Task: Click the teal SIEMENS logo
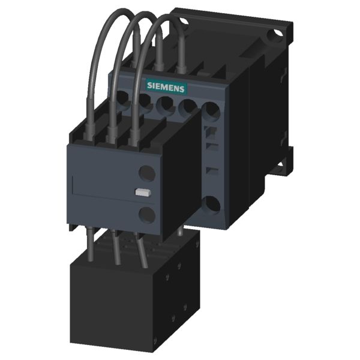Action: pyautogui.click(x=166, y=87)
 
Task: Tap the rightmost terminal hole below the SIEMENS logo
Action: pyautogui.click(x=211, y=109)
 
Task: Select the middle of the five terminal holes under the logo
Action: pyautogui.click(x=165, y=103)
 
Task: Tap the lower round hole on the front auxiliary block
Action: pyautogui.click(x=146, y=214)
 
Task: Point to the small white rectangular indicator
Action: pyautogui.click(x=143, y=193)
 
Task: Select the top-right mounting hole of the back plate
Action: pyautogui.click(x=275, y=36)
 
